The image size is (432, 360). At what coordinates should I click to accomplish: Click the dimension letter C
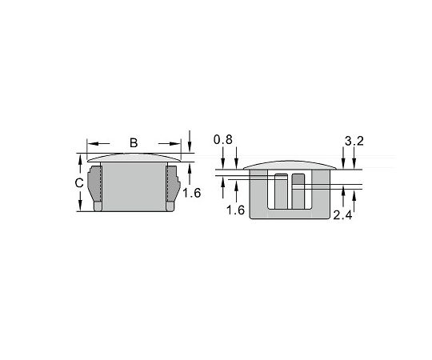79,183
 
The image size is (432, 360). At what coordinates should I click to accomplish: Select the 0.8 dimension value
223,141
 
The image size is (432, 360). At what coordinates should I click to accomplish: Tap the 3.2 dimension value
354,141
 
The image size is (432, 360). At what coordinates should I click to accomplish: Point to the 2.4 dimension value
343,216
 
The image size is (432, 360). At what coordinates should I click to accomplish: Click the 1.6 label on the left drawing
191,192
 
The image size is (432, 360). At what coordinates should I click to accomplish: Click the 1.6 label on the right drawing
235,210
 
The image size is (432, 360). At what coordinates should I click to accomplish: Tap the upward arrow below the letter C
80,205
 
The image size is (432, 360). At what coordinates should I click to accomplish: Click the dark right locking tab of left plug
170,184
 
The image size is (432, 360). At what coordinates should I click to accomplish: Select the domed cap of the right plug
288,166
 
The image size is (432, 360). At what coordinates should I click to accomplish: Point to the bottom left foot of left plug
98,206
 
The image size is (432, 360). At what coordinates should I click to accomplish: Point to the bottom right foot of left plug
170,206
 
